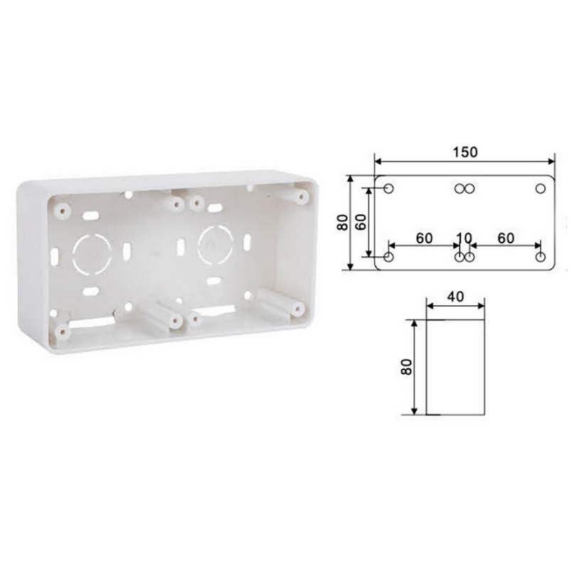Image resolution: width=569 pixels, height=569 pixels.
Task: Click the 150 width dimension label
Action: coord(465,152)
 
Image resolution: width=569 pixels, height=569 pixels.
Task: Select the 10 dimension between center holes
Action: coord(464,238)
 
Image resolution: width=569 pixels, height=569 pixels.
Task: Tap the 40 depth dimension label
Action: coord(455,297)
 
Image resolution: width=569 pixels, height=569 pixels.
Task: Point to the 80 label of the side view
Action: coord(407,367)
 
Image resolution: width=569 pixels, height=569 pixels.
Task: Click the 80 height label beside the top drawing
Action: coord(342,223)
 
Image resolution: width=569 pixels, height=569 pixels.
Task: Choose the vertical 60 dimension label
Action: coord(361,223)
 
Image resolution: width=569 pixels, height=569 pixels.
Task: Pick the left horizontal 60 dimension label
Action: coord(424,238)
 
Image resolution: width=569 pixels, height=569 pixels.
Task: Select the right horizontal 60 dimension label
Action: coord(506,238)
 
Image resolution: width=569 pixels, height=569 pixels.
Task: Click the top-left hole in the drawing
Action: coord(388,188)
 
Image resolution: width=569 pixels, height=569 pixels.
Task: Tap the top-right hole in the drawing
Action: coord(541,188)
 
